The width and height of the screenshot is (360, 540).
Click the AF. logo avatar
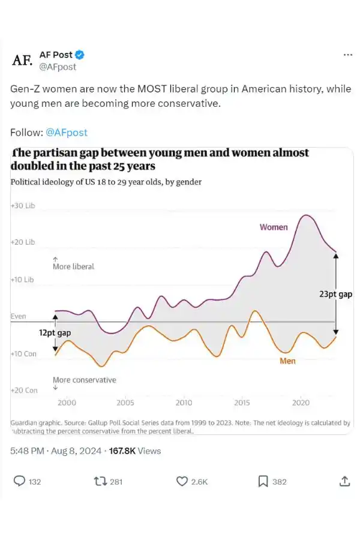(x=22, y=60)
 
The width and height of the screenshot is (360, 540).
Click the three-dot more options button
(x=347, y=55)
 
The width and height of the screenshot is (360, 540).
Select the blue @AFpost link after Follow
(x=66, y=132)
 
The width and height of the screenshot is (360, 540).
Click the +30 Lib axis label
(x=23, y=206)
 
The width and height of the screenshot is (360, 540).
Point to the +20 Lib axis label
(x=23, y=242)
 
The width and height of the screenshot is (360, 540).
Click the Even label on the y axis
(x=19, y=316)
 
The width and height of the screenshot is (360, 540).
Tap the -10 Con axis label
(x=24, y=353)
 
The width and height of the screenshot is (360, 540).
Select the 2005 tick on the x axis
(x=125, y=403)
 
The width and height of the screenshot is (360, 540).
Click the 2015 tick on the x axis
(x=242, y=403)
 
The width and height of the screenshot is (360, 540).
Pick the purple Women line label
(x=274, y=227)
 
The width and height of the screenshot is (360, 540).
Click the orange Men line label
(x=287, y=361)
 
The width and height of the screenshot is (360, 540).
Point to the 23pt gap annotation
(x=335, y=295)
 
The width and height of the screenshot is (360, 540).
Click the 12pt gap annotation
(x=55, y=332)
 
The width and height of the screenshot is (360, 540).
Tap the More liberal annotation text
(x=73, y=266)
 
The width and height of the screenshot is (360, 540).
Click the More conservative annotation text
(x=84, y=380)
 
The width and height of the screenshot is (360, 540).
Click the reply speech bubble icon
(x=20, y=481)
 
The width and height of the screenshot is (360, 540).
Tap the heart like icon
(x=182, y=481)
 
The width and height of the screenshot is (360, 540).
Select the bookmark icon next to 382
(x=263, y=481)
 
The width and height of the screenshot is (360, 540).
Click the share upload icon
(x=344, y=481)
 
